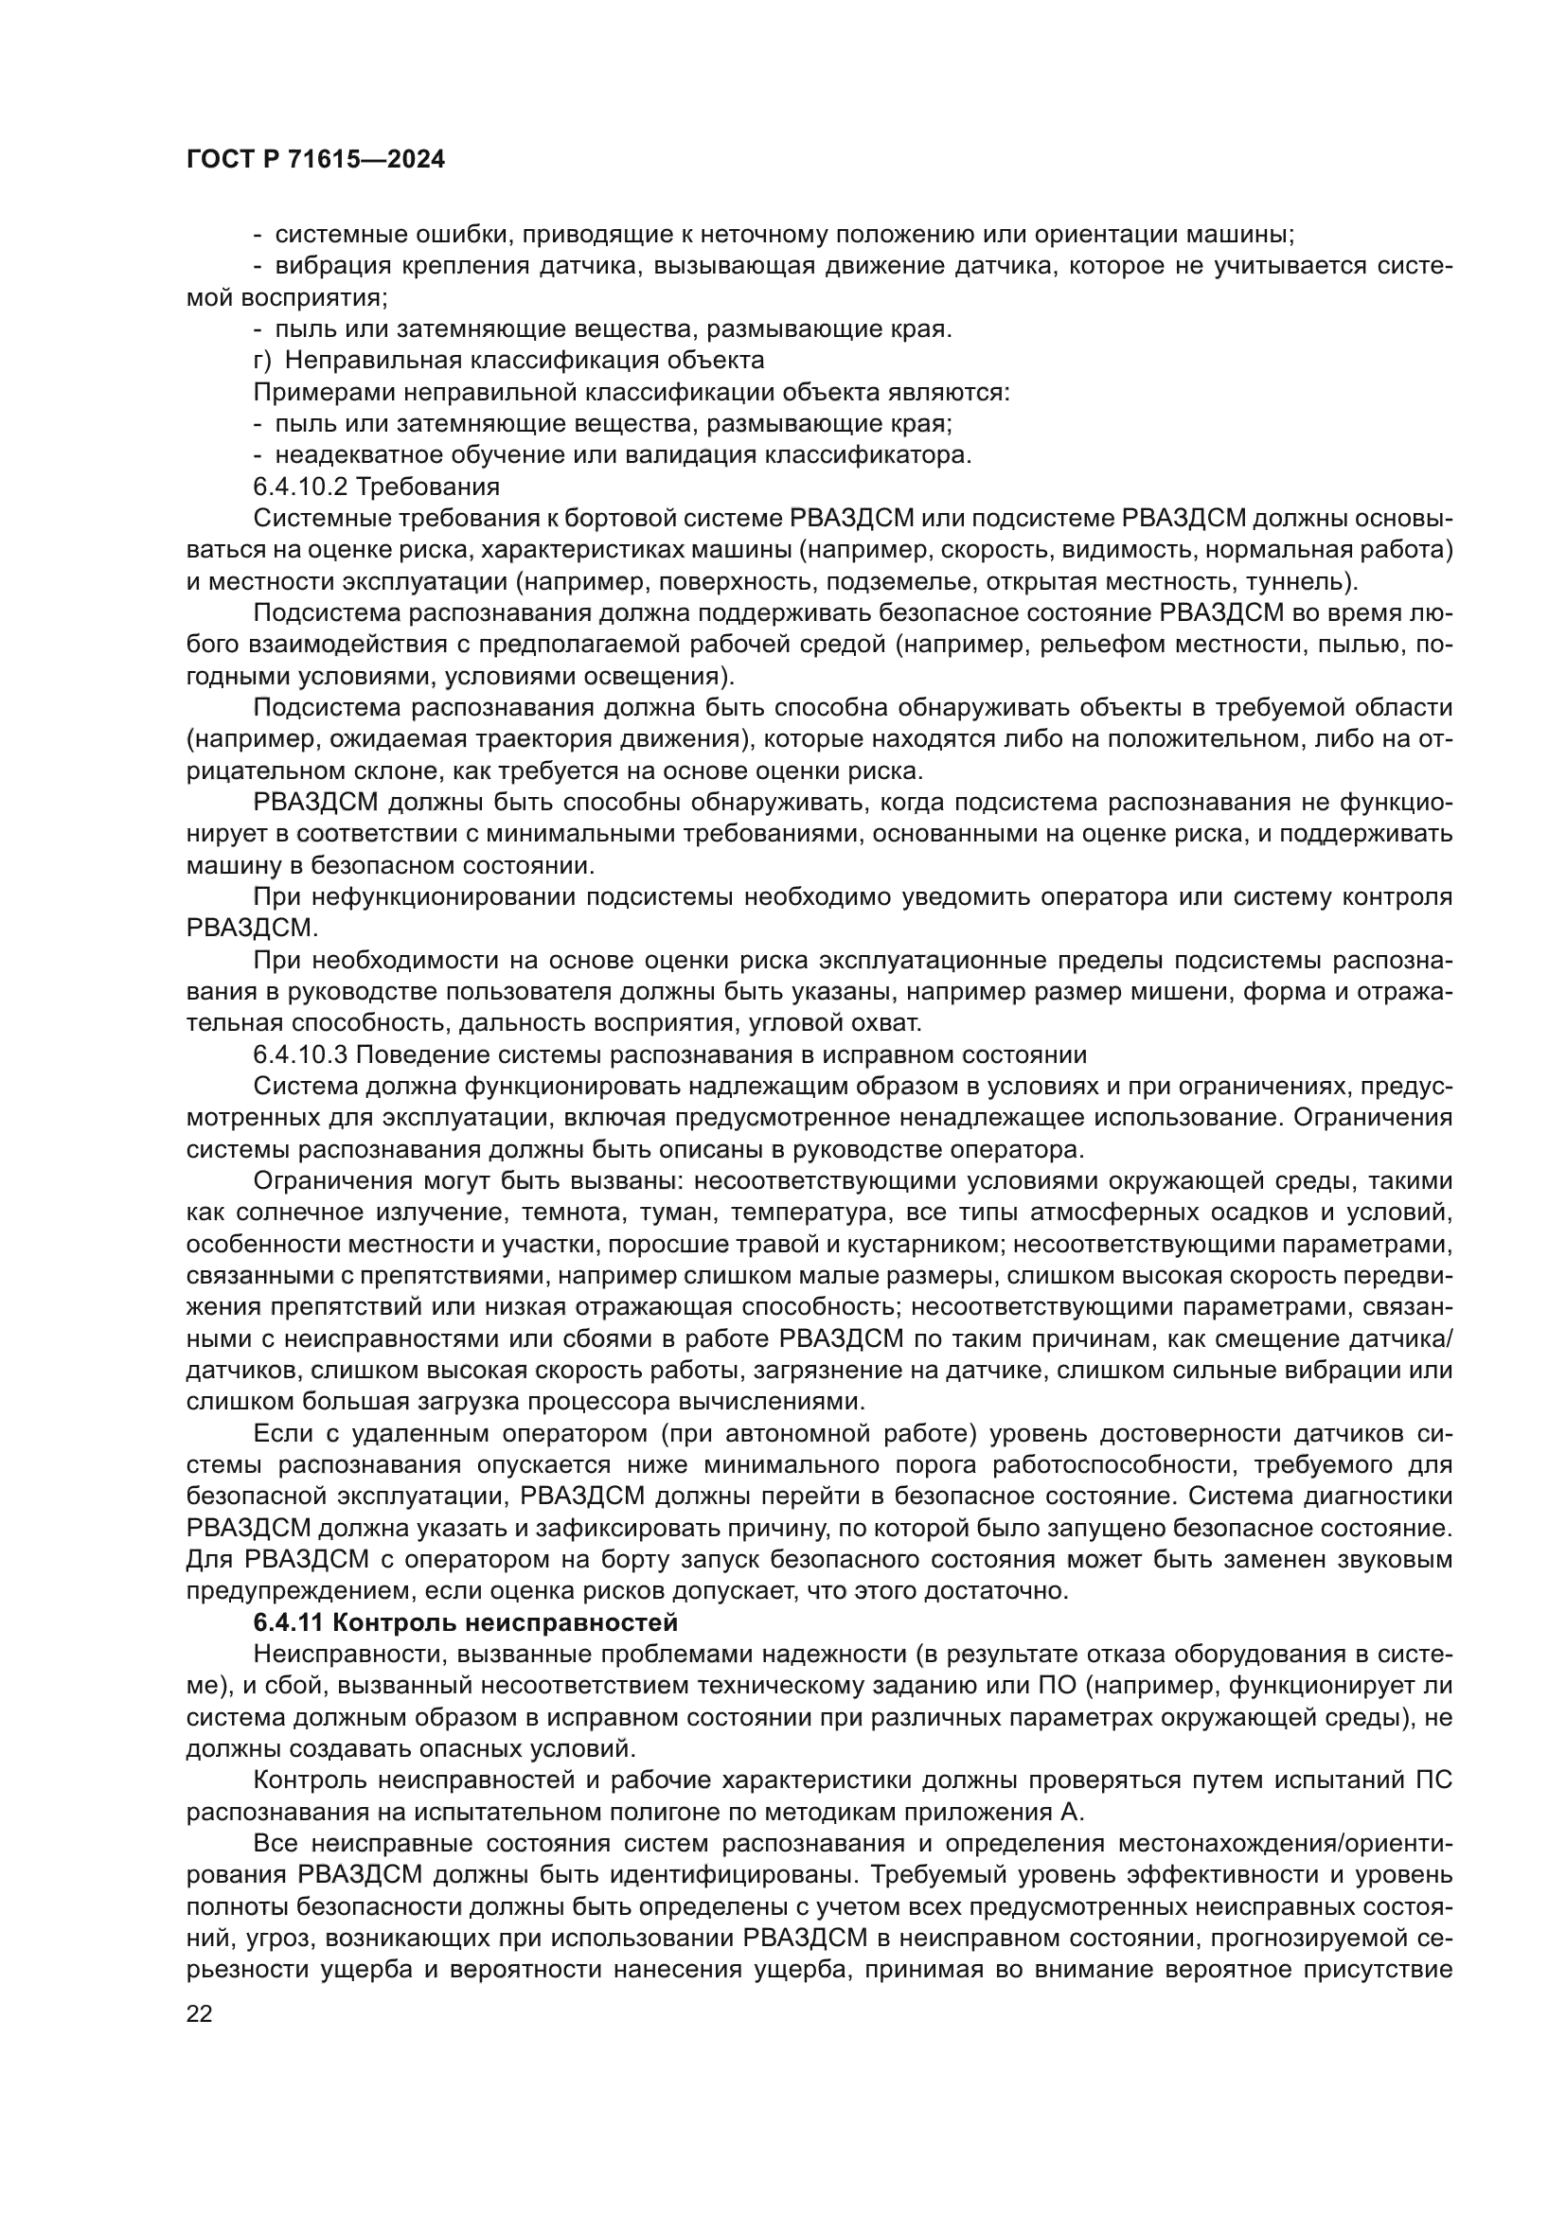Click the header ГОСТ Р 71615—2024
click(315, 160)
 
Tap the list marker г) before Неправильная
click(263, 361)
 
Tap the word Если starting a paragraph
click(280, 1433)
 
